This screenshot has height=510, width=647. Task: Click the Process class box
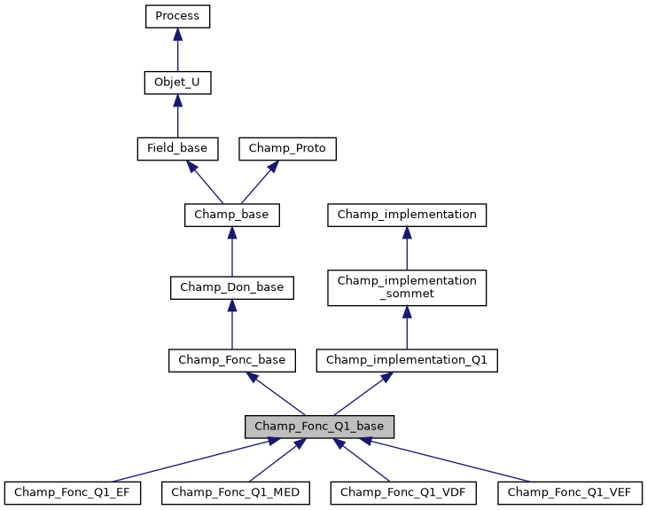point(177,16)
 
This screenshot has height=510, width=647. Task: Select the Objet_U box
point(177,82)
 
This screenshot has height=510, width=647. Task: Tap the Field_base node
point(177,149)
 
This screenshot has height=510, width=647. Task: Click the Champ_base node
point(231,215)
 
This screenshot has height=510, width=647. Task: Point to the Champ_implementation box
point(407,215)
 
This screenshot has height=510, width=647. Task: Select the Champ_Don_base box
point(231,287)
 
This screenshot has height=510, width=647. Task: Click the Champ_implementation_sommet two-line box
point(407,287)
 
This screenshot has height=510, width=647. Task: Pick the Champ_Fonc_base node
point(231,360)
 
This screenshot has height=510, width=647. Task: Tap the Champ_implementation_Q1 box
point(407,360)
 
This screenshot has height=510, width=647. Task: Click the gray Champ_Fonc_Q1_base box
point(320,427)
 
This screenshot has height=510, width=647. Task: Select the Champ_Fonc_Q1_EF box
point(72,492)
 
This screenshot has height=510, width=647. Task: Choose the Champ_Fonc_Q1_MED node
point(236,492)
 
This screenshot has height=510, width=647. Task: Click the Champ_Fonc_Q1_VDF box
point(403,492)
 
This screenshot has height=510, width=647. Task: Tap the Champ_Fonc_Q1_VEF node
point(570,492)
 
